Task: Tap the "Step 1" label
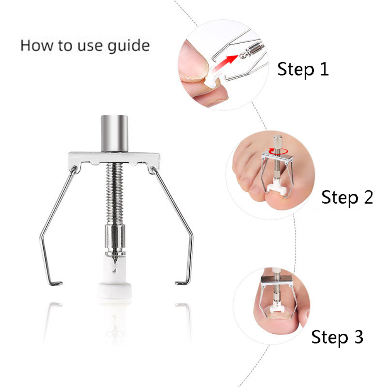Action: point(303,70)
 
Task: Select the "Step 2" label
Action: point(347,198)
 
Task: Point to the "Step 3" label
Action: point(337,337)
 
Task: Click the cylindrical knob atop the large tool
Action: point(115,133)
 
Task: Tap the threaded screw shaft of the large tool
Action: point(115,194)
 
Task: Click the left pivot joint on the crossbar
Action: point(74,169)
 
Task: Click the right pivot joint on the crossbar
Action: point(153,169)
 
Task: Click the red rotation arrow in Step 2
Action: point(278,151)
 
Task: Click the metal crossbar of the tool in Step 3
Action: point(277,280)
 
